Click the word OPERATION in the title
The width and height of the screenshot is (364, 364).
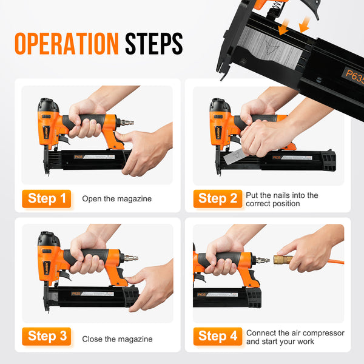tap(67, 44)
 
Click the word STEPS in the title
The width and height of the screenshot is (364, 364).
tap(153, 44)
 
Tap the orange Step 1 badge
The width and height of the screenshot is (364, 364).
tap(47, 198)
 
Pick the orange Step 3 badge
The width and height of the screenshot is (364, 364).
tap(47, 336)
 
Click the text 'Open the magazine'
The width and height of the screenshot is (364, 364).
tap(117, 199)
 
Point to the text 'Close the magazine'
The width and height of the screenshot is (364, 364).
tap(117, 339)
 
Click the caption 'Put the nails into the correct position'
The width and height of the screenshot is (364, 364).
tap(282, 199)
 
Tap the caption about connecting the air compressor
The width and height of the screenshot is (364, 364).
tap(295, 337)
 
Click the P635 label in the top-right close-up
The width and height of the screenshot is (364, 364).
tap(353, 75)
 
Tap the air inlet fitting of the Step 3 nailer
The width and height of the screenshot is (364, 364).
tap(130, 258)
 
